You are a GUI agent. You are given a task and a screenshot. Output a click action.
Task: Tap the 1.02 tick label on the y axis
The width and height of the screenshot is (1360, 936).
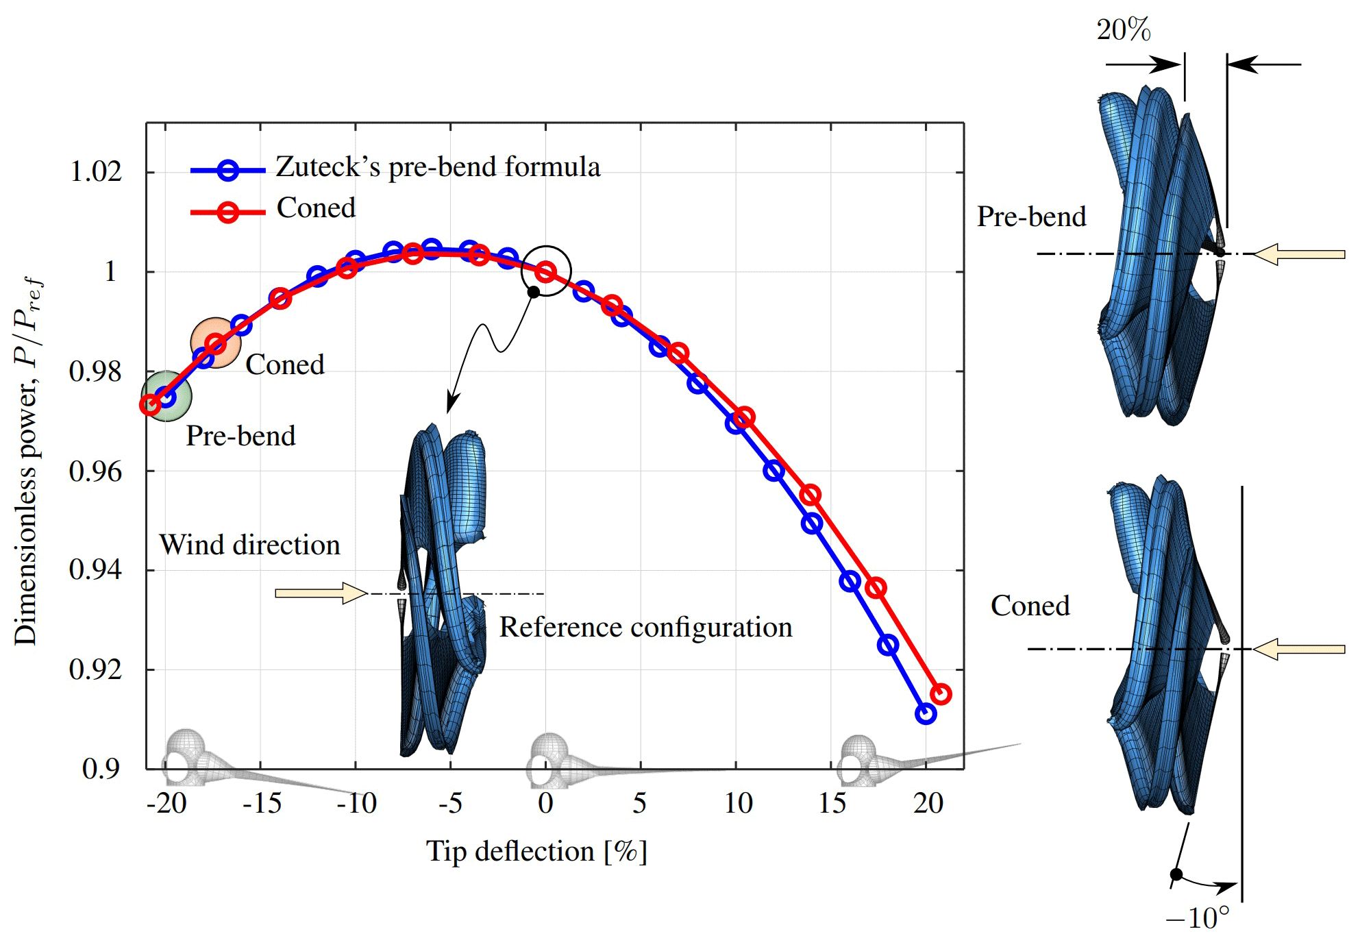[96, 171]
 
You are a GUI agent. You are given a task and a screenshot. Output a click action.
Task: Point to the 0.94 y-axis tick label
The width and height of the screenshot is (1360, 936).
[96, 570]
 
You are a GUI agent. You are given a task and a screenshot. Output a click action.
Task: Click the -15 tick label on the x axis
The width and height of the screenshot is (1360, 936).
[262, 803]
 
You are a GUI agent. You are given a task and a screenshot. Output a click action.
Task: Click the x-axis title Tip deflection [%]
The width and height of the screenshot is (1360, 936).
[536, 852]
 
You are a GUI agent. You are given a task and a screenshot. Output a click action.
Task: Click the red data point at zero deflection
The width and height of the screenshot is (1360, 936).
[545, 272]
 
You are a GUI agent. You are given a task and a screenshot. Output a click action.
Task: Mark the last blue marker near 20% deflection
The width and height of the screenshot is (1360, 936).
[925, 714]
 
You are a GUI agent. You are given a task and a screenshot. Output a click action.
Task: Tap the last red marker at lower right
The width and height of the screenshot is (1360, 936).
[941, 694]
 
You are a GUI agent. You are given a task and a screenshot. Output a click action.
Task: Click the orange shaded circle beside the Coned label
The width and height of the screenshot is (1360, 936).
[215, 343]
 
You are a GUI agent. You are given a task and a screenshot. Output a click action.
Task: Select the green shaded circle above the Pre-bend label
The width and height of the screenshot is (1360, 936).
[166, 396]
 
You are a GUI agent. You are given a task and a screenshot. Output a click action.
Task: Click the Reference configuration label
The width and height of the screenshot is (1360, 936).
[645, 628]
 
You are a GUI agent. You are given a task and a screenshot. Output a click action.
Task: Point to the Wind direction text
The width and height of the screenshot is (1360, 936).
[250, 545]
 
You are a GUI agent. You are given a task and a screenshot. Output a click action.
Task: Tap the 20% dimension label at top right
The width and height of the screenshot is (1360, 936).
[1124, 30]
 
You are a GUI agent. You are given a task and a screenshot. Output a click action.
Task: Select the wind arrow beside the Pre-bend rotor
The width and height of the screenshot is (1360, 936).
[1300, 254]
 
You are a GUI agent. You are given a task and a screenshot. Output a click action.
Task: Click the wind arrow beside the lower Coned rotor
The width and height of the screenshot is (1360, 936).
[1300, 649]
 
